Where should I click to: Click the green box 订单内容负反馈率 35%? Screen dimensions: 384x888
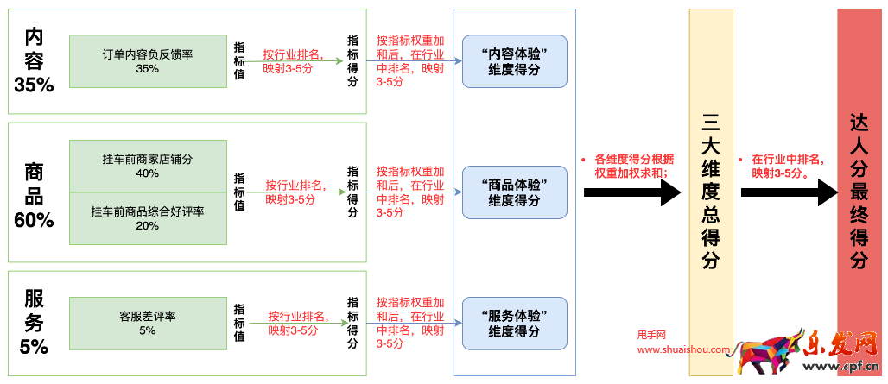click(x=147, y=61)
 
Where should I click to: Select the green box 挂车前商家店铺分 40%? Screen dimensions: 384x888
click(x=147, y=166)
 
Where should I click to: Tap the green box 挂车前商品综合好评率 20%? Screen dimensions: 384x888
click(x=147, y=218)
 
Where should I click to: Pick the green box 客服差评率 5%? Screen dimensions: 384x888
click(x=147, y=323)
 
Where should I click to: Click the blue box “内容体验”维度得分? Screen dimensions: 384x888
click(x=514, y=61)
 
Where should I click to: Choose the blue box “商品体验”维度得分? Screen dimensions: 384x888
click(x=514, y=192)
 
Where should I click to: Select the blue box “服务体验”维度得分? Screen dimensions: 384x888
click(x=514, y=323)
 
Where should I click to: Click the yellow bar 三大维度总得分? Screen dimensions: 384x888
click(x=711, y=192)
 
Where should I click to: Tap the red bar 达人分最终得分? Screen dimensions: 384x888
click(x=859, y=192)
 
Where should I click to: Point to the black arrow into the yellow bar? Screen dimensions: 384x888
click(x=632, y=192)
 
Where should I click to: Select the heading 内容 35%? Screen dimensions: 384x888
click(x=34, y=60)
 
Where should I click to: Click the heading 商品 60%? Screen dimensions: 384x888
click(x=34, y=196)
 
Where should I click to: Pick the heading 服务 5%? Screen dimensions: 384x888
click(x=34, y=323)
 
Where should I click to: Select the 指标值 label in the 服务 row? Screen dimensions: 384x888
click(x=239, y=323)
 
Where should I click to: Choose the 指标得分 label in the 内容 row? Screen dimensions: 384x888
click(x=352, y=61)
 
